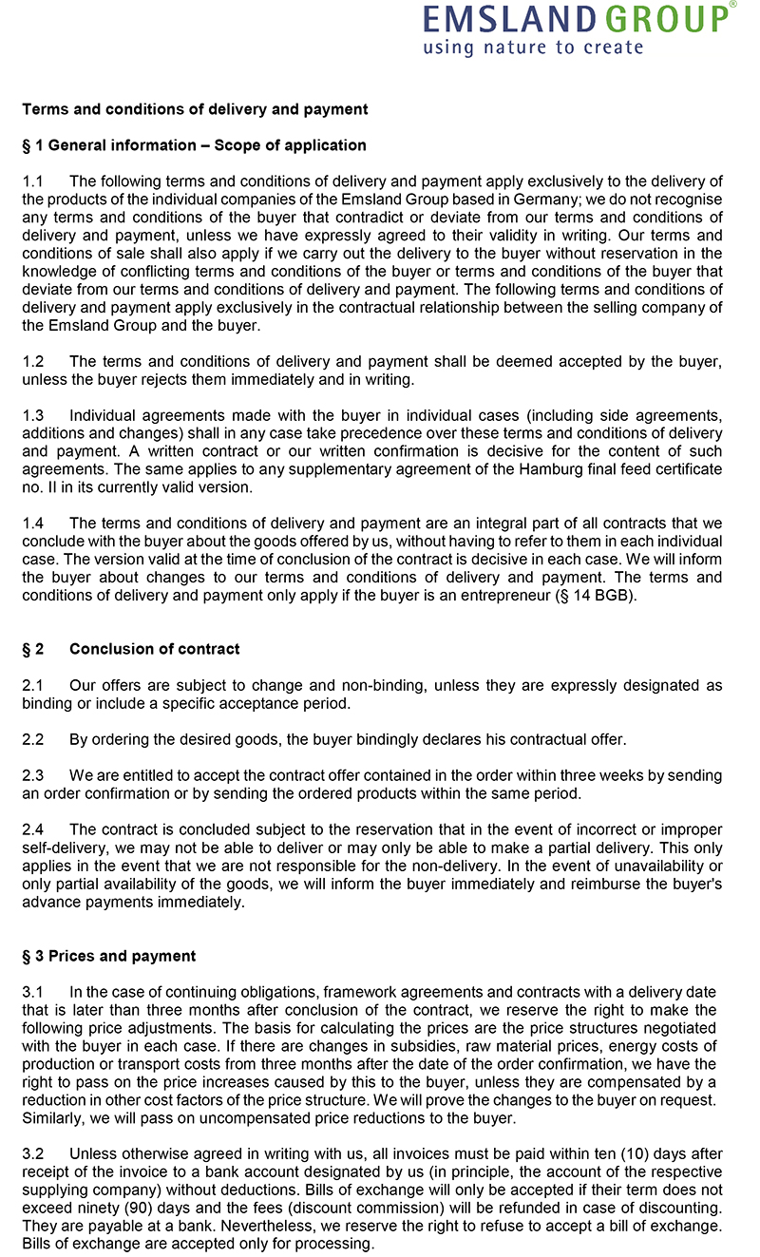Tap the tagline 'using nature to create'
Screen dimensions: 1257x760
(x=533, y=47)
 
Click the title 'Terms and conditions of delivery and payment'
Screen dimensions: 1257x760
(x=195, y=109)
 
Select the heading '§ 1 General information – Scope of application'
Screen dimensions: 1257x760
(x=194, y=145)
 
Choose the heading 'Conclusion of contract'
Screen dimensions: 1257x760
(x=154, y=649)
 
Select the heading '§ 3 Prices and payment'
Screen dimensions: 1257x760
(x=109, y=956)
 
